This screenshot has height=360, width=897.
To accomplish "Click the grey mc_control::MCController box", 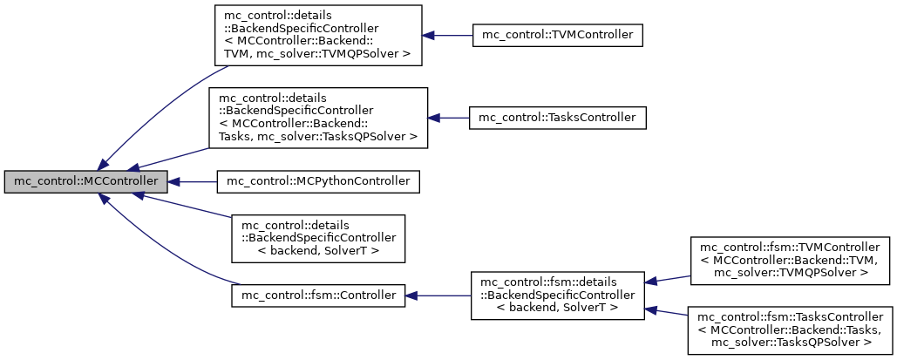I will (85, 182).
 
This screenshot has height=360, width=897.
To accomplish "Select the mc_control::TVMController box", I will (557, 36).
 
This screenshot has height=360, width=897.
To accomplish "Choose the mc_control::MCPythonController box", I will (318, 182).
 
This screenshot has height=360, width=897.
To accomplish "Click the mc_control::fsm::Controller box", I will (318, 295).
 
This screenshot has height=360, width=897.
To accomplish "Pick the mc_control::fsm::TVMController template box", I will (791, 260).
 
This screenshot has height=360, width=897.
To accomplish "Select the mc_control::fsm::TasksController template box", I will (791, 329).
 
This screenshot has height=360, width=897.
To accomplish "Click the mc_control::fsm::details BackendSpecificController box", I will (556, 295).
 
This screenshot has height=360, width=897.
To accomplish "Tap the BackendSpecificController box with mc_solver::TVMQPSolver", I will (318, 36).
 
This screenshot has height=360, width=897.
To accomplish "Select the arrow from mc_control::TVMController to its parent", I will (446, 36).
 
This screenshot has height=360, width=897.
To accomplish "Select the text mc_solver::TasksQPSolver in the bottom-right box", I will (790, 343).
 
